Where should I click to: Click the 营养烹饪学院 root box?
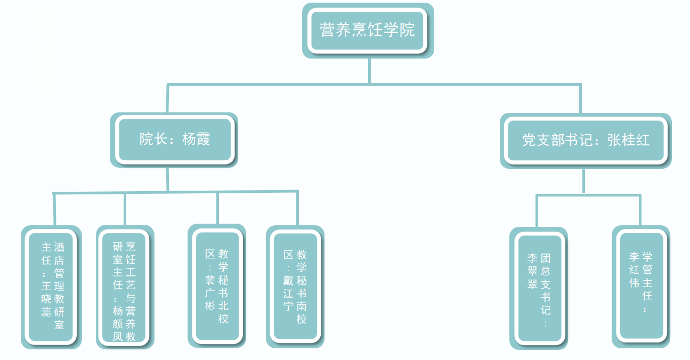click(x=368, y=30)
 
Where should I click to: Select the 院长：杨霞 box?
click(x=175, y=140)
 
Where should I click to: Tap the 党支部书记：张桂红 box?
click(x=586, y=141)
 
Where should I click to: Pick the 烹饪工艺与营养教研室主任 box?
click(x=124, y=288)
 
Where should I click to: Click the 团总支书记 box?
click(x=539, y=288)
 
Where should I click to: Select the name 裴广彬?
click(x=210, y=293)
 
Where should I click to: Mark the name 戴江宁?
click(x=288, y=293)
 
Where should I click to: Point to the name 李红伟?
click(x=634, y=269)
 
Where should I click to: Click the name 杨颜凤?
click(x=118, y=323)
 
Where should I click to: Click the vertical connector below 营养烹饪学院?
click(x=369, y=71)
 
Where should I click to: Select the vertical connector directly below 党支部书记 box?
click(x=584, y=181)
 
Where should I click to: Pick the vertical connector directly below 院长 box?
click(x=167, y=179)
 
